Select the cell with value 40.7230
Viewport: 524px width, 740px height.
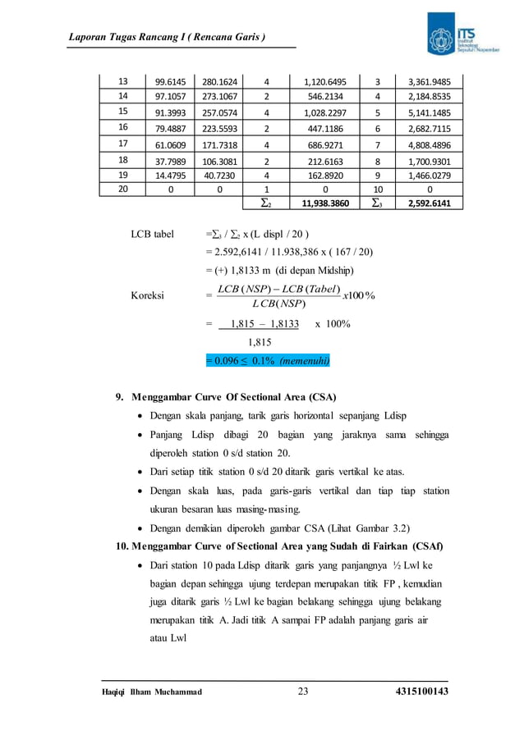pos(218,174)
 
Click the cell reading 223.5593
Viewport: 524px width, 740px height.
pos(218,127)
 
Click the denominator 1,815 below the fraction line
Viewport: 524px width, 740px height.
pos(260,341)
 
